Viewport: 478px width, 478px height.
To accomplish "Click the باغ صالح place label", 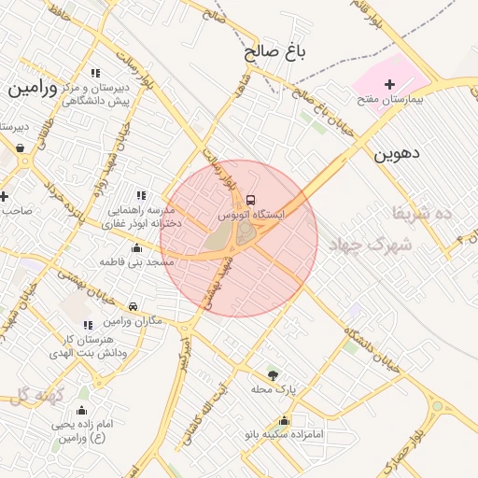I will (x=276, y=52).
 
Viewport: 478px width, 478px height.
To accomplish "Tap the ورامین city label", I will (x=33, y=90).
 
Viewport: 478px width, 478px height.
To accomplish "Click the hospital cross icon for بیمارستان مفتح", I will (x=390, y=85).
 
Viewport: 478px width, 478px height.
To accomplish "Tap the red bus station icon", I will (x=250, y=199).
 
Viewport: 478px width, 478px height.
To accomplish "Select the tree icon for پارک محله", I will (x=273, y=374).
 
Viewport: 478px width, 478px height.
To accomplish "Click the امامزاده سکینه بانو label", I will (x=280, y=434).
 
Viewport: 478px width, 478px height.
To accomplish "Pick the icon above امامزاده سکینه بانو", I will (x=284, y=420).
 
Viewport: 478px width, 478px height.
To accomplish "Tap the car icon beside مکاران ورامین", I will (x=133, y=307).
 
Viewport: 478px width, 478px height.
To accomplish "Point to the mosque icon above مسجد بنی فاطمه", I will (x=137, y=248).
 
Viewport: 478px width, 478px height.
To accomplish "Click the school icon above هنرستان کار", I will (x=89, y=325).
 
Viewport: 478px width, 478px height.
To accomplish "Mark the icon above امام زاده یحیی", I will (x=81, y=411).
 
